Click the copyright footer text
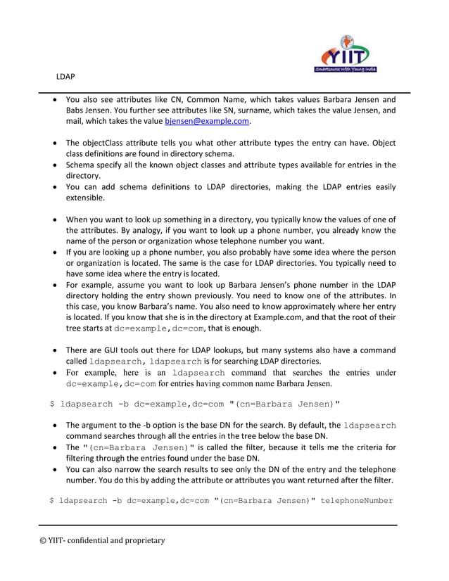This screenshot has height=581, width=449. click(101, 541)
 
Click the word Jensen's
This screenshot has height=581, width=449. click(253, 285)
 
